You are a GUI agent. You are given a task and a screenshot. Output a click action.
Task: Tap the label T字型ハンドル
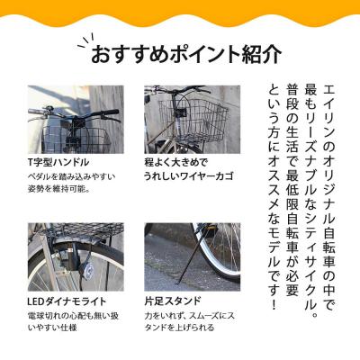pyautogui.click(x=58, y=162)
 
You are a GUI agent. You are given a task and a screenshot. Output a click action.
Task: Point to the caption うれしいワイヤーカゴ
pyautogui.click(x=189, y=176)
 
